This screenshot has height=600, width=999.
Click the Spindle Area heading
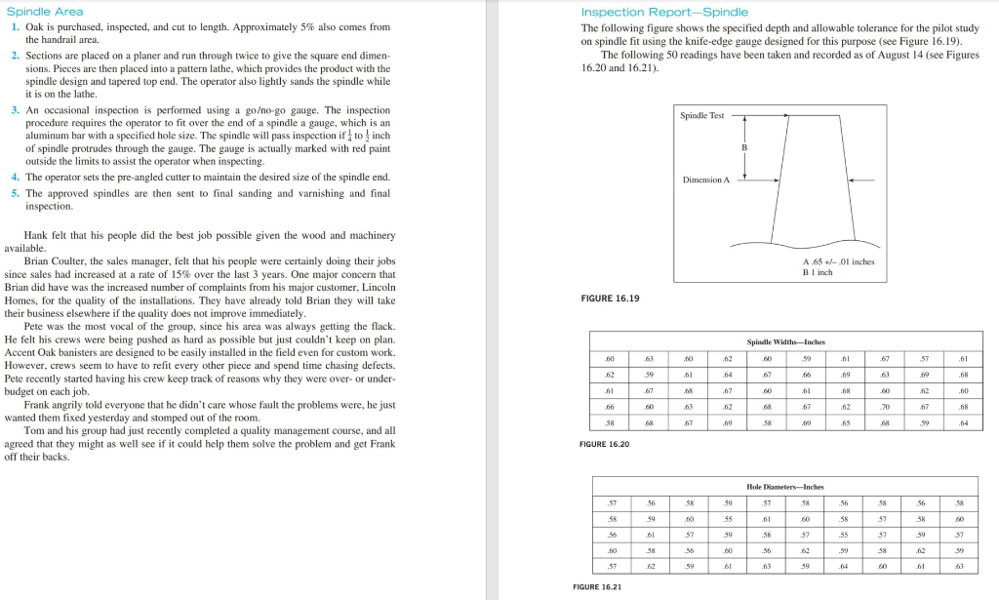pyautogui.click(x=44, y=12)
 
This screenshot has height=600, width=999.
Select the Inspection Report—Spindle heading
pyautogui.click(x=664, y=12)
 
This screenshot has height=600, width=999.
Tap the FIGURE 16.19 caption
pyautogui.click(x=610, y=298)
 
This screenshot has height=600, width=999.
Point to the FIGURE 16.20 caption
pyautogui.click(x=604, y=444)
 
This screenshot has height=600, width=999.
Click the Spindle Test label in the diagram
pyautogui.click(x=702, y=115)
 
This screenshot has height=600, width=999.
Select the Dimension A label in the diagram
pyautogui.click(x=706, y=180)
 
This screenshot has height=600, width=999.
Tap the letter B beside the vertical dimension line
pyautogui.click(x=745, y=146)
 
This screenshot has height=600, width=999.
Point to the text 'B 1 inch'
pyautogui.click(x=817, y=272)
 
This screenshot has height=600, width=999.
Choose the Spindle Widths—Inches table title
pyautogui.click(x=785, y=342)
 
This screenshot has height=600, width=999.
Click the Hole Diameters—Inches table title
pyautogui.click(x=785, y=486)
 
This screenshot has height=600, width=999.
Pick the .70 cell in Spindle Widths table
pyautogui.click(x=884, y=407)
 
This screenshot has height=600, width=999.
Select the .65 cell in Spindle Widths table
pyautogui.click(x=844, y=423)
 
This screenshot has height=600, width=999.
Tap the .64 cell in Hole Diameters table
pyautogui.click(x=844, y=565)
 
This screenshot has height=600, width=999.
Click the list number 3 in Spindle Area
pyautogui.click(x=16, y=111)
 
